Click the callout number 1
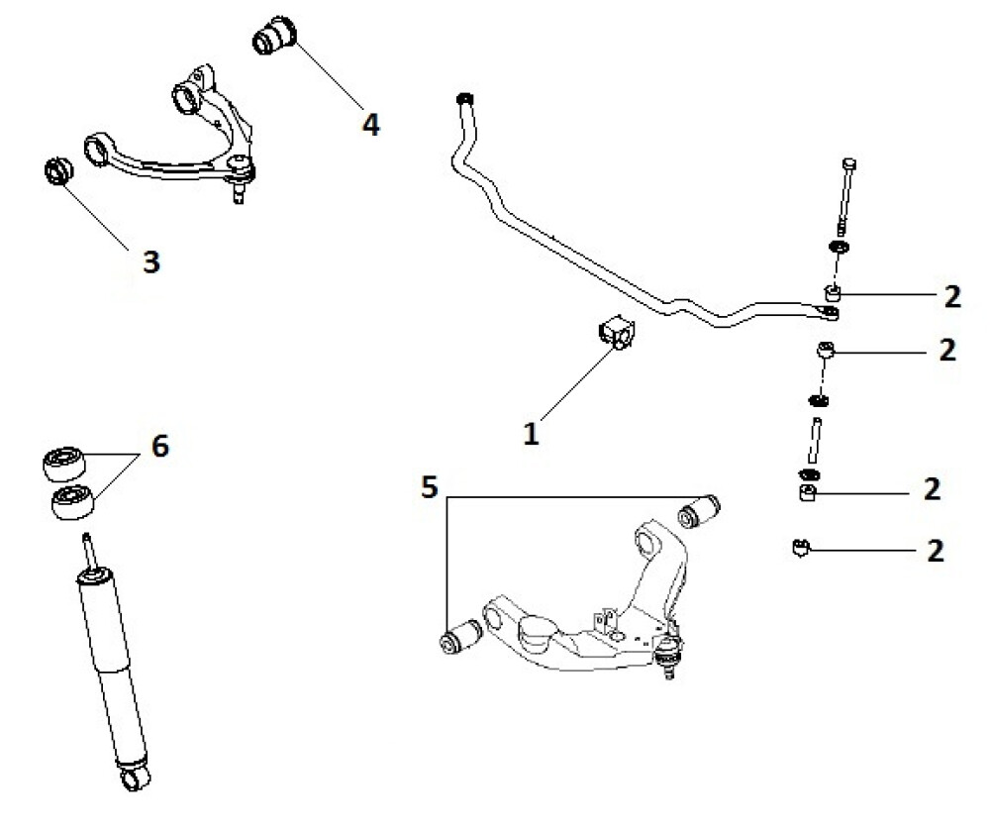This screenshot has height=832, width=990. tap(531, 434)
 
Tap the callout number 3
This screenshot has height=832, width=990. tap(151, 261)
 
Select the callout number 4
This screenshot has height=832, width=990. tap(370, 124)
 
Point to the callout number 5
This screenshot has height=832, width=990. tap(430, 487)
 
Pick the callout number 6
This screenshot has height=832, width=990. tap(160, 446)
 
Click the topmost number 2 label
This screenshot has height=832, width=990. tap(952, 296)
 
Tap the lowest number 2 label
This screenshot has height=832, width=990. tap(936, 551)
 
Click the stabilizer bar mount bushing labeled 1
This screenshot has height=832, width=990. tap(616, 331)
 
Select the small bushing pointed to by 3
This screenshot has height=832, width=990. tap(58, 170)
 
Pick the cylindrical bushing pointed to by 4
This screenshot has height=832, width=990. tap(274, 36)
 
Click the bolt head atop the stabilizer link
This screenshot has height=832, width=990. tap(849, 163)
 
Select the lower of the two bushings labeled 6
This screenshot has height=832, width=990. tap(72, 501)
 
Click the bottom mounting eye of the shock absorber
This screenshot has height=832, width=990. tap(135, 778)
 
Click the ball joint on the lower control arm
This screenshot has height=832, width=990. tap(668, 652)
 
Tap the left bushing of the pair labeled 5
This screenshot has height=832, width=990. tap(460, 637)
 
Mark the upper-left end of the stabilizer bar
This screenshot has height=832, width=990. tap(465, 99)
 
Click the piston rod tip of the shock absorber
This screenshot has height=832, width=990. tap(86, 537)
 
